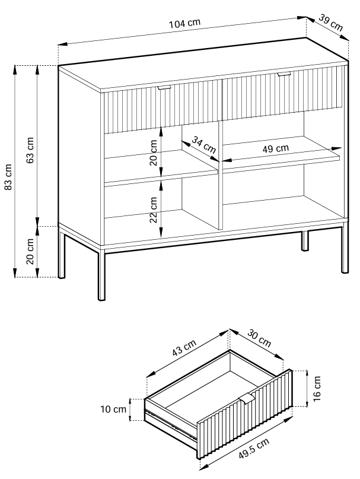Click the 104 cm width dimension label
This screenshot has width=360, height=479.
click(x=184, y=24)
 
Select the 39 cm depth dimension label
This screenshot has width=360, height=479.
click(x=331, y=23)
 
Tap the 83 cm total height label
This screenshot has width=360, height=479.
click(x=8, y=177)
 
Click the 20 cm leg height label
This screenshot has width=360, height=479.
click(x=30, y=252)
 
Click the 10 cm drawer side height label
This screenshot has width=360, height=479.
click(x=113, y=409)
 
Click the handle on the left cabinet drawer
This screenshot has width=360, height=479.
click(x=164, y=88)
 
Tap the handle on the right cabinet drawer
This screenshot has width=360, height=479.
click(x=283, y=74)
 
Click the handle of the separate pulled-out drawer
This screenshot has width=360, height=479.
click(x=247, y=398)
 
